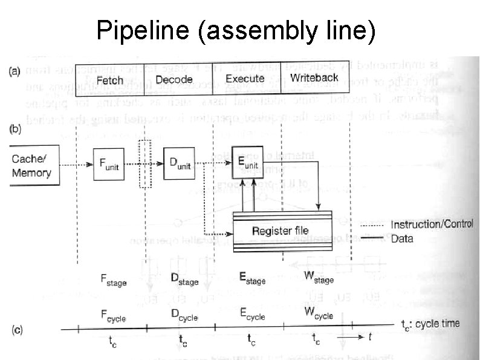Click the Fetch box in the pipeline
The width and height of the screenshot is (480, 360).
point(109,79)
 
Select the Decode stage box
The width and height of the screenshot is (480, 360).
point(174,79)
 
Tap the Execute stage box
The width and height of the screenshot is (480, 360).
point(245,79)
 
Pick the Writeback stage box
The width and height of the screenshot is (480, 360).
point(313,78)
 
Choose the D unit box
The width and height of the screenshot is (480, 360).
point(180,163)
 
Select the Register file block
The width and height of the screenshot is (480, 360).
point(281,231)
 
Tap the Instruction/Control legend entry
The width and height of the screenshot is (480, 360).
point(432,224)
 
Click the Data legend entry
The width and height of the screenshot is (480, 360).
point(402,238)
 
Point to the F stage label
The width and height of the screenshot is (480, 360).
point(113,280)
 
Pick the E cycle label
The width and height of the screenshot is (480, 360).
point(252,315)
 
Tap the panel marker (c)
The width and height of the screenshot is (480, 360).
point(18,331)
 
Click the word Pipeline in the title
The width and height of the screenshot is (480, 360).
point(143,31)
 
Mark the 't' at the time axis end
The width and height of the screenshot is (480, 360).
point(370,335)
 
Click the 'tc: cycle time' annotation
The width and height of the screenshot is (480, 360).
point(430,324)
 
